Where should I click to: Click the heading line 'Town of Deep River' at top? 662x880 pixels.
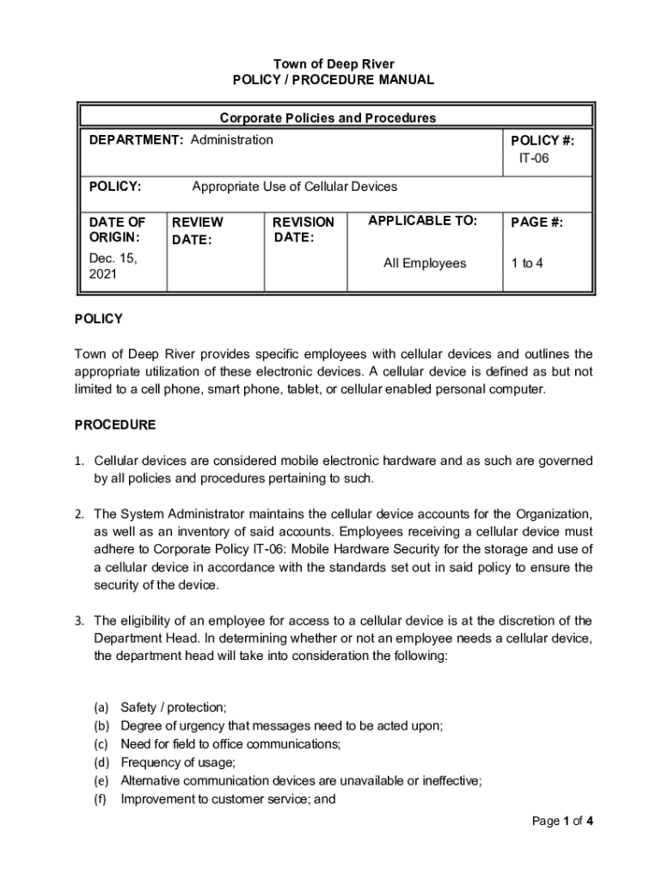click(334, 64)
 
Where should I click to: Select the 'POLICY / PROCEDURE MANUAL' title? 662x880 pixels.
click(334, 80)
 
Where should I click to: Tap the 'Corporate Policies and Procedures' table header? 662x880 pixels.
click(328, 118)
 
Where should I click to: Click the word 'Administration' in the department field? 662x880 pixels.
click(231, 139)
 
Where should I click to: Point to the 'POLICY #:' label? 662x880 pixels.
click(542, 141)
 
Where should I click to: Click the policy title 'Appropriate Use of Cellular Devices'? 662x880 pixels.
click(294, 186)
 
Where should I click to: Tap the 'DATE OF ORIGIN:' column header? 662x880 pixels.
click(117, 229)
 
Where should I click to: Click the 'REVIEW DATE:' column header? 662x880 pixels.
click(197, 230)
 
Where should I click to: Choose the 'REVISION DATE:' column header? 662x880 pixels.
click(303, 229)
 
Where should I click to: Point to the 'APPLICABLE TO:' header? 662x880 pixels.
click(422, 221)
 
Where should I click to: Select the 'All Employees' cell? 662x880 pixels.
click(424, 263)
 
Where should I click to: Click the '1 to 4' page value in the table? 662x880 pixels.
click(527, 263)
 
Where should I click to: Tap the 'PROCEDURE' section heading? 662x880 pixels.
click(115, 425)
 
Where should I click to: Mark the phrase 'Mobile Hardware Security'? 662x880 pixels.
click(365, 549)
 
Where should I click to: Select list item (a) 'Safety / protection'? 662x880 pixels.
click(173, 707)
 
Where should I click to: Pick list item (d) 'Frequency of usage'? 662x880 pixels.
click(178, 761)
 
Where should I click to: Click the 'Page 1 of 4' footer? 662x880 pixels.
click(562, 821)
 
